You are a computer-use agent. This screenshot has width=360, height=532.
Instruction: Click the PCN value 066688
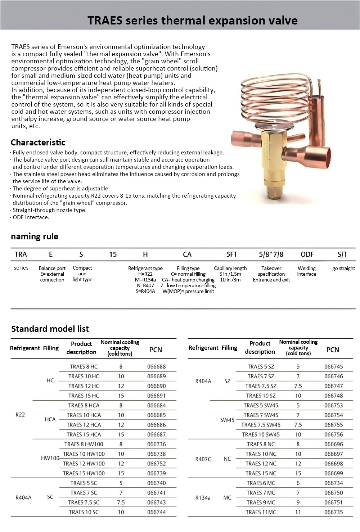tap(156, 367)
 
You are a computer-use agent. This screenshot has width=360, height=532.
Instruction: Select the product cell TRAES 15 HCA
tap(84, 435)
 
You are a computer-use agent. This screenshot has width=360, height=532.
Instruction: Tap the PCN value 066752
tap(156, 464)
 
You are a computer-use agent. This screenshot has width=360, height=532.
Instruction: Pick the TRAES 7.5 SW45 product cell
tap(261, 425)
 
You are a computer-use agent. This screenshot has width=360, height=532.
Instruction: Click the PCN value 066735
tap(333, 512)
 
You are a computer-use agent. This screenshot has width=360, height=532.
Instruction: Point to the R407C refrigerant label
tap(203, 459)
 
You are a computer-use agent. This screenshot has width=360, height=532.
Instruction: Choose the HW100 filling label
tap(50, 459)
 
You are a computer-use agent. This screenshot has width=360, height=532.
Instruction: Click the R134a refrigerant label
tap(203, 498)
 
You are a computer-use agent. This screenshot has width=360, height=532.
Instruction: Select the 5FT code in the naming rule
tap(231, 254)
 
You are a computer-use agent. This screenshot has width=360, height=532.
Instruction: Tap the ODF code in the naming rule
tap(307, 254)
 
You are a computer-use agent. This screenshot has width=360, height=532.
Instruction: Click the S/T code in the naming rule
tap(342, 254)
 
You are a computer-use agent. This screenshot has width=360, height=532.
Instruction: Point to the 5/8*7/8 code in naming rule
tap(271, 254)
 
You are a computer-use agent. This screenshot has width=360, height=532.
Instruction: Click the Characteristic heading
tap(38, 142)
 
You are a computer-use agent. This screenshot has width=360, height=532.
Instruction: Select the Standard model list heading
tap(50, 329)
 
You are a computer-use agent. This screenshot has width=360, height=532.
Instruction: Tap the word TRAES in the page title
tap(105, 21)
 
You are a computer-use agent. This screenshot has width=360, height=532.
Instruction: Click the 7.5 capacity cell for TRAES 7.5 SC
tap(121, 502)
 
